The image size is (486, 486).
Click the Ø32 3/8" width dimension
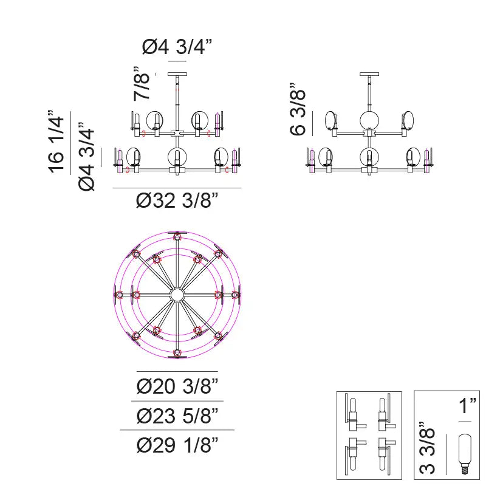177,201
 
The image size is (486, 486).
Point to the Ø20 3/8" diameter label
177,386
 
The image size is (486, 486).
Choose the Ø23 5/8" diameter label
177,416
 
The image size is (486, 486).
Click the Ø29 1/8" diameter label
177,445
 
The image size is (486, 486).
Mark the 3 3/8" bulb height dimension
429,450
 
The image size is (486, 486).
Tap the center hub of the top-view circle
177,295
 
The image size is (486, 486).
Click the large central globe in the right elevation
369,120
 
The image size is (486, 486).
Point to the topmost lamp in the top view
177,236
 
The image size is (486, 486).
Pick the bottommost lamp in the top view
177,354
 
